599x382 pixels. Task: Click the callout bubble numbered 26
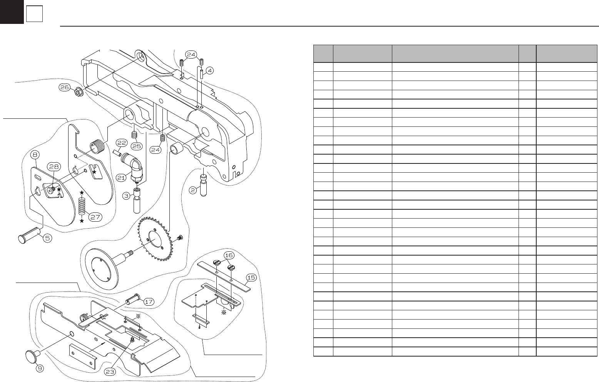65,88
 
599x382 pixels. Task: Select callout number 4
209,71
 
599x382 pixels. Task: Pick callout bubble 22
122,142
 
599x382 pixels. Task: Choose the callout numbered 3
126,196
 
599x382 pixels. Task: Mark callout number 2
193,190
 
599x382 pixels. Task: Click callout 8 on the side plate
35,155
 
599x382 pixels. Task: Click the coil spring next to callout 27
82,207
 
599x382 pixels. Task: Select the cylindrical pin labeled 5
29,236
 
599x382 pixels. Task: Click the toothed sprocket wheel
154,239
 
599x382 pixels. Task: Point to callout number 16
229,255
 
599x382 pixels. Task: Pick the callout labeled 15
251,277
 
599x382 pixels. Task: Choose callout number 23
110,372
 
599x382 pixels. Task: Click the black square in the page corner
12,12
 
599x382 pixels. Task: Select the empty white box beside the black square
34,15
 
